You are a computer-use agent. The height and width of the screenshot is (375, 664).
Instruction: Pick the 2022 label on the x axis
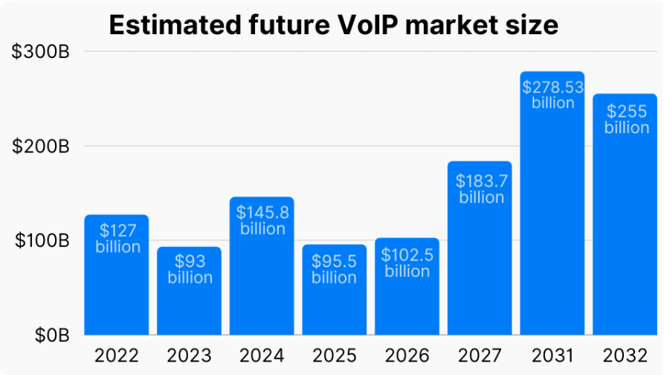117,356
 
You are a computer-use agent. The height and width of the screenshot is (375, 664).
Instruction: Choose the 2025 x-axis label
334,356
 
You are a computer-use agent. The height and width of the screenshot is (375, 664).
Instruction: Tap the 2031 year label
552,356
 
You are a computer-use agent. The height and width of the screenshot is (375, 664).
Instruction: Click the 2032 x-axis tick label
625,356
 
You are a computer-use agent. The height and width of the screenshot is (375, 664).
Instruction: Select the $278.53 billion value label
552,94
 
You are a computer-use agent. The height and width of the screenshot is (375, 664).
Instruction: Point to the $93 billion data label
190,269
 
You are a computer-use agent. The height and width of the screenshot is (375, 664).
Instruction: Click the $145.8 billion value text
262,220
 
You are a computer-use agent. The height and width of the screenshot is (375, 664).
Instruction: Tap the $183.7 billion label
480,189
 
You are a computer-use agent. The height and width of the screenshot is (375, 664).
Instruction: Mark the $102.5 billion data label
407,263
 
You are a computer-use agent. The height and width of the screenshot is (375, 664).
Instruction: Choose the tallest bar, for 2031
552,223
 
